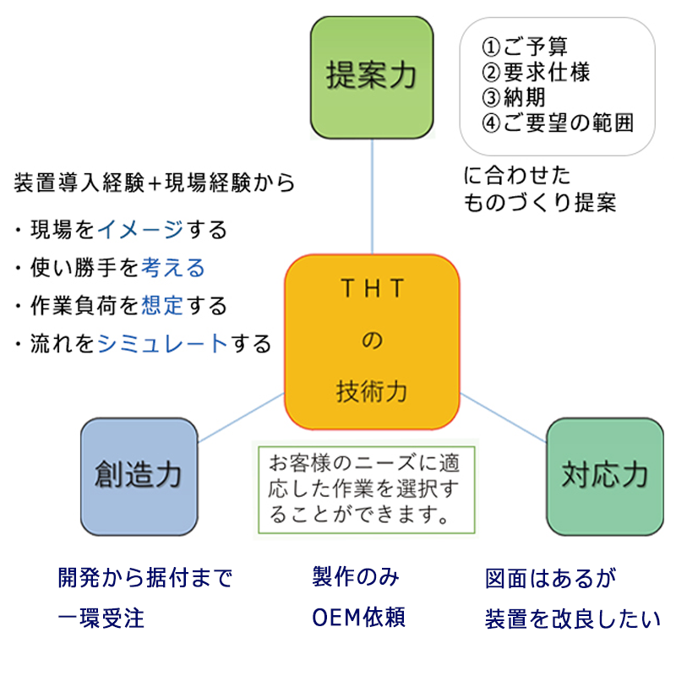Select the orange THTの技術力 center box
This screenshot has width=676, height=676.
[x=372, y=342]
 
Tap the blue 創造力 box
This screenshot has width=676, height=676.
[x=139, y=476]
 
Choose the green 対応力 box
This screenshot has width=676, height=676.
[x=605, y=476]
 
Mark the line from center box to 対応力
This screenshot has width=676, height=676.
[x=502, y=417]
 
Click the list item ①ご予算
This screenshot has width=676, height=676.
[x=524, y=46]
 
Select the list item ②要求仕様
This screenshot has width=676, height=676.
[x=535, y=72]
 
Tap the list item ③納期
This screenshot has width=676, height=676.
[x=513, y=97]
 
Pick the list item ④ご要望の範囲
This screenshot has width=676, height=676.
[x=557, y=123]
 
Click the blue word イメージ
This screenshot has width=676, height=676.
[x=139, y=229]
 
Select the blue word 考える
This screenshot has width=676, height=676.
[x=173, y=268]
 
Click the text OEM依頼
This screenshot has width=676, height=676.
[x=359, y=618]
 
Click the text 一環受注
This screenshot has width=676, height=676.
[x=101, y=618]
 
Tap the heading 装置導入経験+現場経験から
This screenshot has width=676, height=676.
[x=155, y=182]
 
